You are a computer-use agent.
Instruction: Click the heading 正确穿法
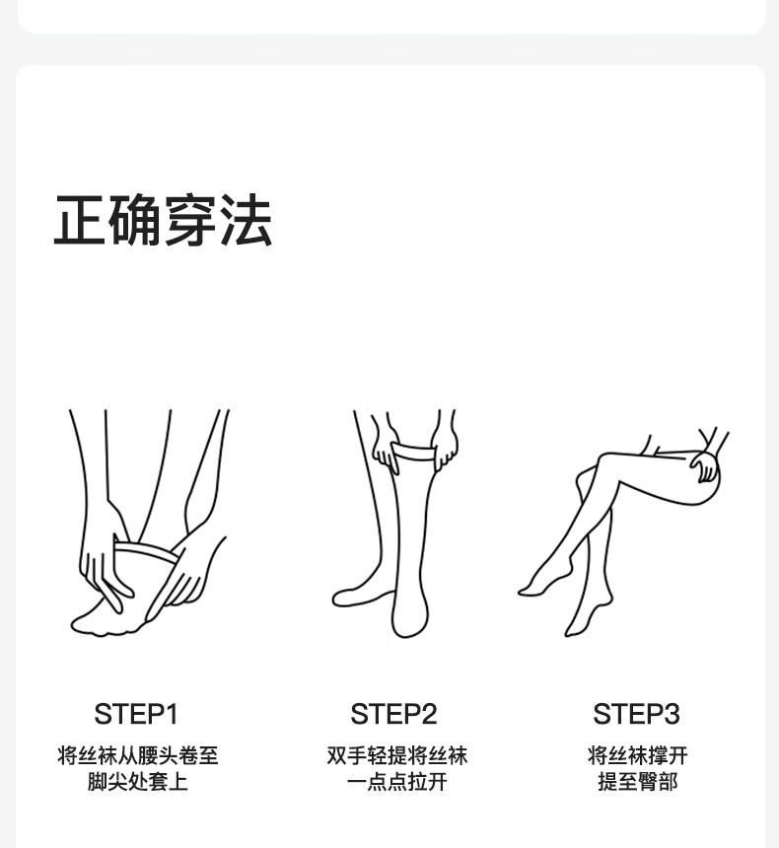(x=163, y=220)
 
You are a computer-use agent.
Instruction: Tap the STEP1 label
(x=136, y=714)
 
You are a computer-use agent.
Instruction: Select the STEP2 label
(x=393, y=714)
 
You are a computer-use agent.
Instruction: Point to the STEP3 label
(x=636, y=714)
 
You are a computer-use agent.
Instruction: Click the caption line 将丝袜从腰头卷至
(x=137, y=755)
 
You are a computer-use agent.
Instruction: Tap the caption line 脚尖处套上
(x=137, y=782)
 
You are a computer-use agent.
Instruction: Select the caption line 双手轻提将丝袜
(x=396, y=755)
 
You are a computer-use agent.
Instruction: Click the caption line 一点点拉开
(x=396, y=782)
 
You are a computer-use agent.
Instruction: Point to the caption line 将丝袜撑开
(x=637, y=755)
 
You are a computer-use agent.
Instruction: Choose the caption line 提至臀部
(x=637, y=782)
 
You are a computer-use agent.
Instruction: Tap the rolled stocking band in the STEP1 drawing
(x=146, y=550)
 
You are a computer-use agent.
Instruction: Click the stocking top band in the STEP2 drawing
(x=414, y=451)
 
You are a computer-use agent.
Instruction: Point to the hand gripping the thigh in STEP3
(x=705, y=466)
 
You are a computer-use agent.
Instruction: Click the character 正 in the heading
(x=80, y=220)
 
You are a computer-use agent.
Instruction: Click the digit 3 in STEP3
(x=671, y=714)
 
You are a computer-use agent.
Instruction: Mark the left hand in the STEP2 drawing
(x=387, y=449)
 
